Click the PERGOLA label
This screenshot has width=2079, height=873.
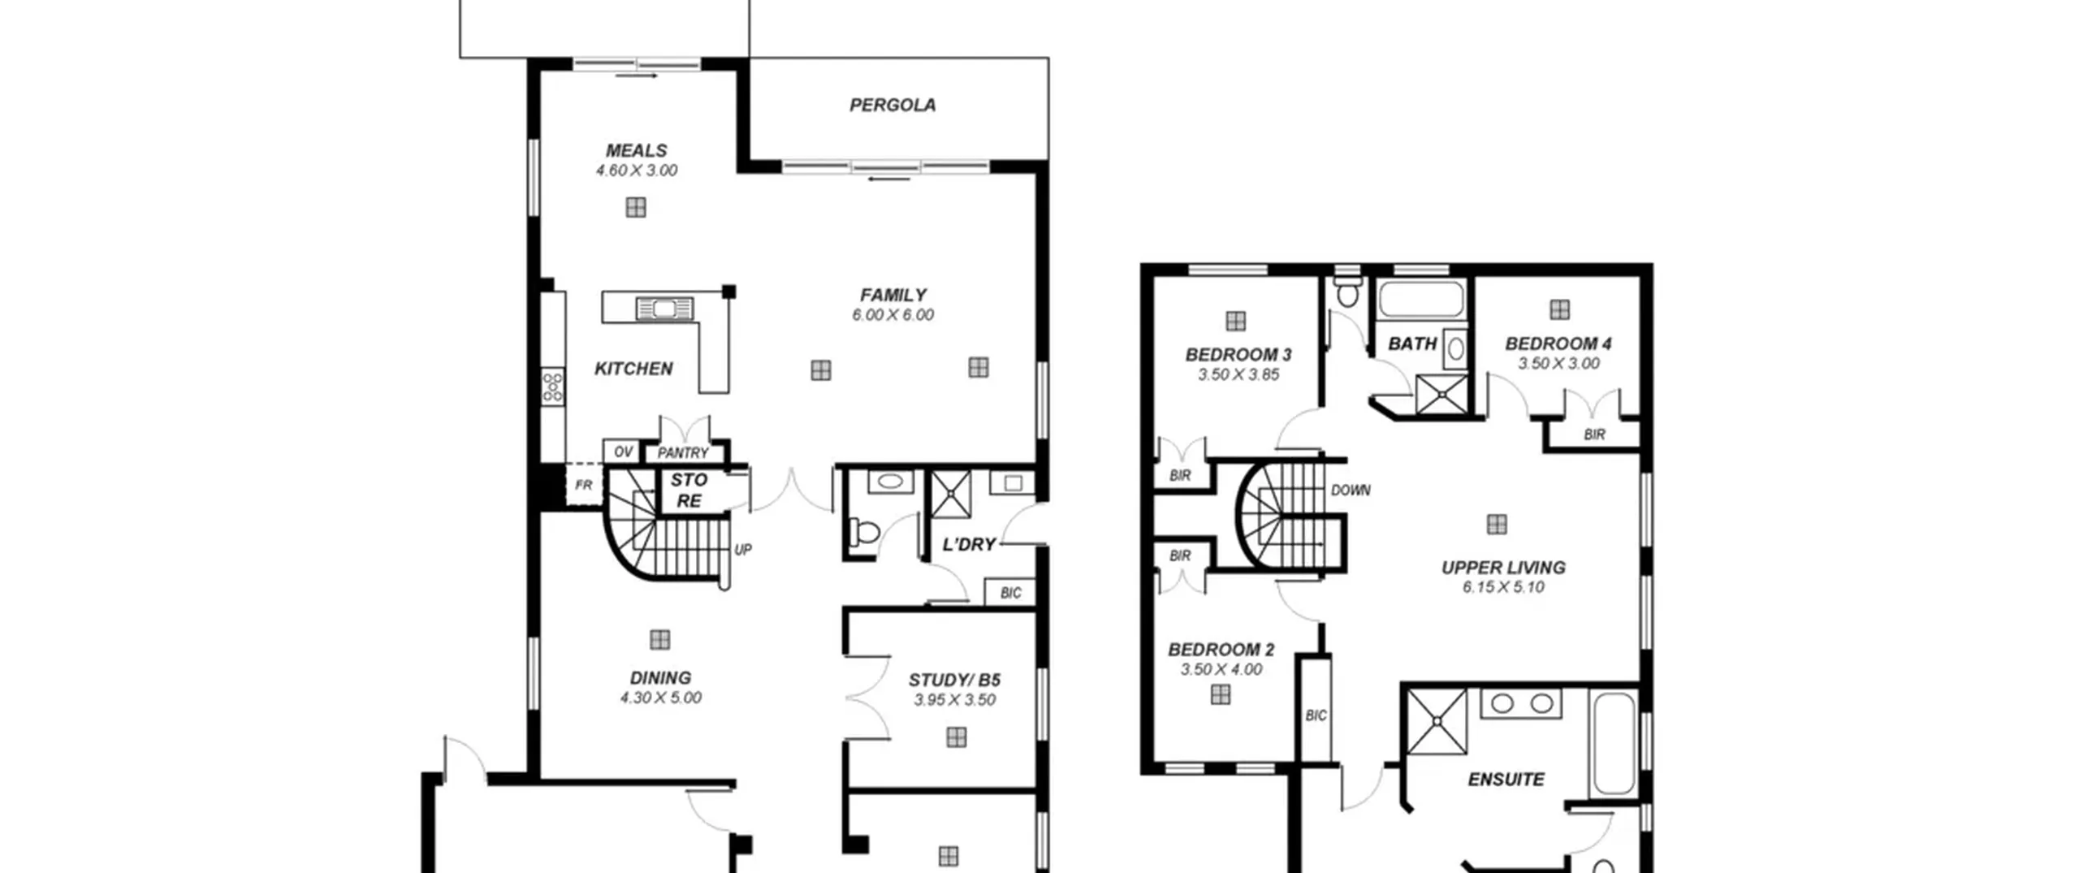click(893, 105)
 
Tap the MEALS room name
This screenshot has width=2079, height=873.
click(637, 150)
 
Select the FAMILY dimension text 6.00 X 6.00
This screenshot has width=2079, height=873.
click(893, 315)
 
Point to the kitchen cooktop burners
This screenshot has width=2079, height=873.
click(553, 386)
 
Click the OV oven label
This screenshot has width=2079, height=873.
click(623, 452)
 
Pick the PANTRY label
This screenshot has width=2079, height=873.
click(683, 453)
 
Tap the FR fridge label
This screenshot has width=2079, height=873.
click(583, 485)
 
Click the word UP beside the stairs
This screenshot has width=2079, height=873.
click(743, 550)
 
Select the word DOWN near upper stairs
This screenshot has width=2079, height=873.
click(1351, 491)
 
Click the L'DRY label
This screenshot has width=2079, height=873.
click(969, 544)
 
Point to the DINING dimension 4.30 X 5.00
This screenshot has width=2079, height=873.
click(661, 698)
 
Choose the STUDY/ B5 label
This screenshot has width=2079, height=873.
click(954, 680)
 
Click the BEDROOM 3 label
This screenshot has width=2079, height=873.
click(1238, 355)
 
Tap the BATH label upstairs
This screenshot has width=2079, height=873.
click(1412, 344)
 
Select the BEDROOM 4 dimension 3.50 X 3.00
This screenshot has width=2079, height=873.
click(1559, 364)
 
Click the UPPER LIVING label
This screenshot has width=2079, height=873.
click(1503, 568)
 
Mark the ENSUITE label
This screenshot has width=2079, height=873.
click(1506, 780)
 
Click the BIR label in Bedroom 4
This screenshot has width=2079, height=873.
click(1594, 434)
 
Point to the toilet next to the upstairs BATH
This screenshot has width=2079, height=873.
click(1347, 290)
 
